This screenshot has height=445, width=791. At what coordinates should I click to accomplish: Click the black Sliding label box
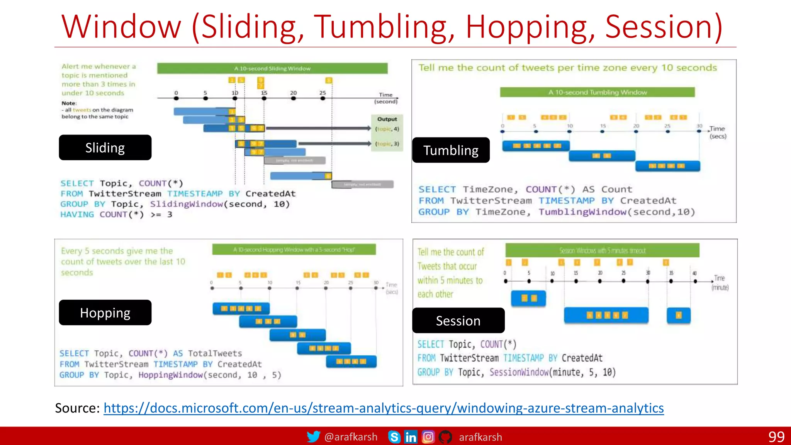(x=105, y=148)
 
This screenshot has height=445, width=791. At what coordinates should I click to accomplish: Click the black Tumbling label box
(x=451, y=150)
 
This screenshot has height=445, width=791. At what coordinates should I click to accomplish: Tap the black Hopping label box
(x=105, y=313)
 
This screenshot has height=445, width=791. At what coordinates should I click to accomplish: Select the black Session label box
(x=458, y=321)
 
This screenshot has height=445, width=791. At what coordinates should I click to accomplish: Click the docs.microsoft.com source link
(x=384, y=408)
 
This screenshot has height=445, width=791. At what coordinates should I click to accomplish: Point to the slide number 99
(x=776, y=437)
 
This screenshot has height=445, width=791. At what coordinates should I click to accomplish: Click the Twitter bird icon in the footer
(x=313, y=437)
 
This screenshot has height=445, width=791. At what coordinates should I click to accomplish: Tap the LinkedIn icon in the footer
(x=411, y=437)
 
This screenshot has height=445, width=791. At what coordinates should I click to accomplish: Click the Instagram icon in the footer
(x=428, y=437)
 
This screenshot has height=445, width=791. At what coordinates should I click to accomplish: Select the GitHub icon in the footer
(x=445, y=437)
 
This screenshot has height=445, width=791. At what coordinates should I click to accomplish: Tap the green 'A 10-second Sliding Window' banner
(x=272, y=68)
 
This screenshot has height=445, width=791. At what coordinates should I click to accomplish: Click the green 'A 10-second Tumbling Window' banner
(x=597, y=92)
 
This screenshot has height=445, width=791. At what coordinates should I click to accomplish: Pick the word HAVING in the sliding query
(x=77, y=214)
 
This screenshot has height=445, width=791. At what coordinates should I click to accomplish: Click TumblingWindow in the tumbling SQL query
(x=582, y=212)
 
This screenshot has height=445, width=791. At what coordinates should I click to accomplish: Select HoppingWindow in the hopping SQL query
(x=170, y=375)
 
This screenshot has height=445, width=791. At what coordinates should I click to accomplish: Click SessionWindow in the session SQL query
(x=519, y=372)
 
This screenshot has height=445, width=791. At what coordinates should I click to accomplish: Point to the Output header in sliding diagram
(x=387, y=119)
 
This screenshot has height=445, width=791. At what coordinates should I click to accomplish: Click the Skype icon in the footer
(x=394, y=437)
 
